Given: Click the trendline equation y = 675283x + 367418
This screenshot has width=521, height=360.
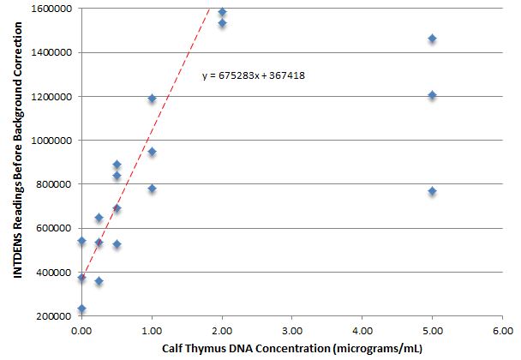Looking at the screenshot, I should pos(255,75).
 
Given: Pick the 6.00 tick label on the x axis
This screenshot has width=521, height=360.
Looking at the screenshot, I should pos(502,328).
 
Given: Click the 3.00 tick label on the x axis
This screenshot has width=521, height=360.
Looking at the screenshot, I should pos(291,328).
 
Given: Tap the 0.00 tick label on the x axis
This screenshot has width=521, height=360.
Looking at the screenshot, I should pos(81,328).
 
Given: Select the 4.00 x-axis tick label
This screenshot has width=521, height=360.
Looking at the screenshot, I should pos(362,328).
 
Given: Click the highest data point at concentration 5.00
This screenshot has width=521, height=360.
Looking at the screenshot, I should pos(432,39).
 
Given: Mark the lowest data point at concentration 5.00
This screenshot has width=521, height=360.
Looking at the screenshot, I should pos(432,191).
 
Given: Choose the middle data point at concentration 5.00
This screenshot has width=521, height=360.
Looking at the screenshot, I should pos(432,95).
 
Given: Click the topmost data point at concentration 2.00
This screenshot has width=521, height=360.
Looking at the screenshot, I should pos(222,12).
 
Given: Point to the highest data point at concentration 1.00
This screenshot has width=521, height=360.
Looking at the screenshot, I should pos(152,99).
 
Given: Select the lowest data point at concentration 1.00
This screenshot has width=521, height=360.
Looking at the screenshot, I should pos(152,189).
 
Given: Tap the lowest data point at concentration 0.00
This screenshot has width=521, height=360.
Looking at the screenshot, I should pos(81,309).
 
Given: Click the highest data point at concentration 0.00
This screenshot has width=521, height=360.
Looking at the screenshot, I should pos(81,241).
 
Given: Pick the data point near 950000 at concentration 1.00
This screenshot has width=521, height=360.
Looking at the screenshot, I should pos(152,152).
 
